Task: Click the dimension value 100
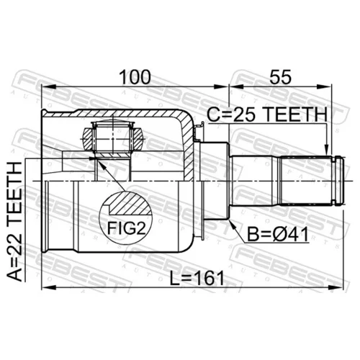click(x=135, y=77)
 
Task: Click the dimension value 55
click(x=280, y=77)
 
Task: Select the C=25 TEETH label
click(x=267, y=114)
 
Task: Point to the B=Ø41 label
click(x=278, y=235)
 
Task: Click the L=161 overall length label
click(x=197, y=278)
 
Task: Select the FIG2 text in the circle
click(x=126, y=228)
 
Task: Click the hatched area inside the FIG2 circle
click(x=131, y=204)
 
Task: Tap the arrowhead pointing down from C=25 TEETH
click(x=326, y=149)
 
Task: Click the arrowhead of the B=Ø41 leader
click(x=232, y=223)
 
